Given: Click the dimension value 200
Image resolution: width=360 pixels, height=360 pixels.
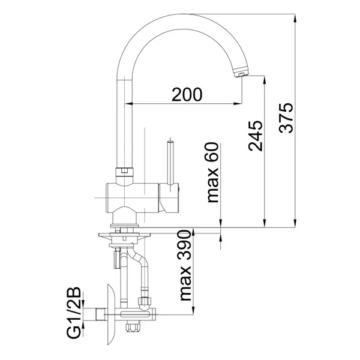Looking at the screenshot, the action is (x=187, y=94).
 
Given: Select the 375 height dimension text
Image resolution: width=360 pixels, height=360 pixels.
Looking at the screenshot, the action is (x=286, y=118).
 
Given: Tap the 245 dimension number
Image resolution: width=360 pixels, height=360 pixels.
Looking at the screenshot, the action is (x=256, y=136).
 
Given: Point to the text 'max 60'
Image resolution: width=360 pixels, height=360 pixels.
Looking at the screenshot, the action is (x=212, y=172).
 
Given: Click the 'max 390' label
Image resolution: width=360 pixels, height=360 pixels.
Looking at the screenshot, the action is (x=185, y=265).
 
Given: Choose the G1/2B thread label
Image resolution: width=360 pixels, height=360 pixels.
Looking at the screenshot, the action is (x=74, y=313).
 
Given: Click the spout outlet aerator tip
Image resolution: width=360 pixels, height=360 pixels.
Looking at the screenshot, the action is (x=241, y=72).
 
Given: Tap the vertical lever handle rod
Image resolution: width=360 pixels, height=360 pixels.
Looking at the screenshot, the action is (x=170, y=162).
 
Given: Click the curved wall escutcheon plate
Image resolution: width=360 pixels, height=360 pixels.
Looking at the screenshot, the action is (x=112, y=314).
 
